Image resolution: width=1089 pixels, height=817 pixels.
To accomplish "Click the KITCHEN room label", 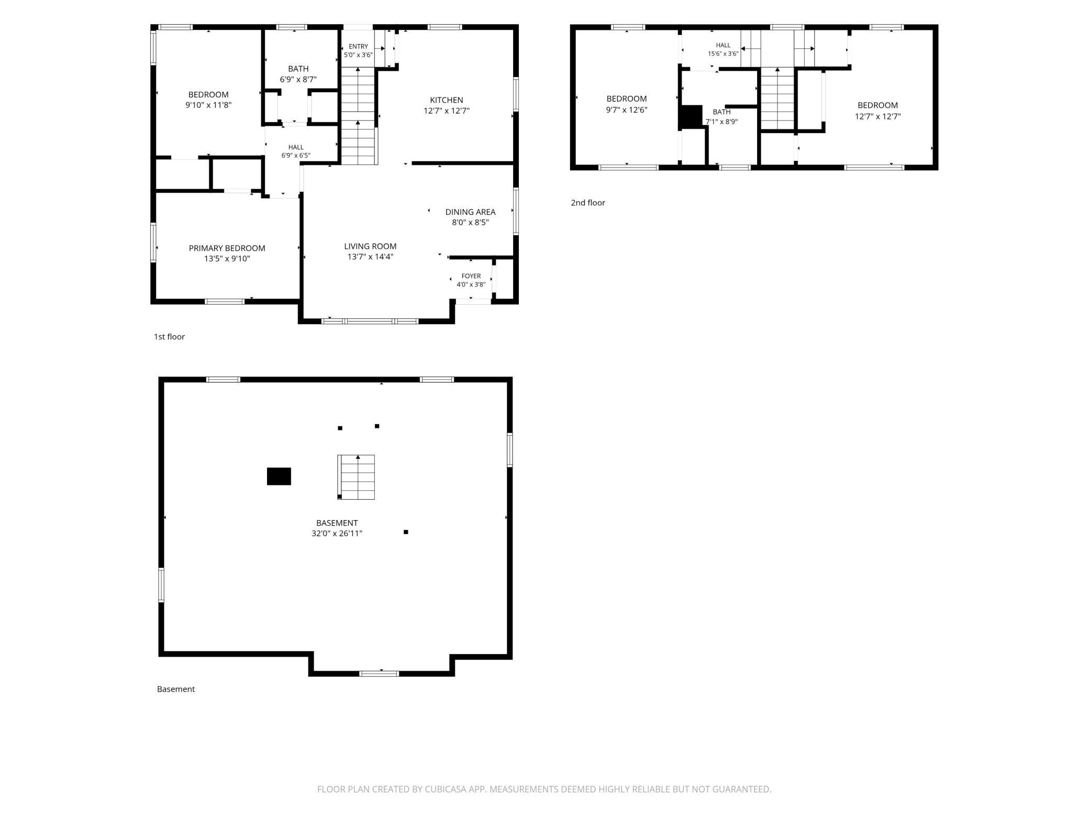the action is [x=447, y=100].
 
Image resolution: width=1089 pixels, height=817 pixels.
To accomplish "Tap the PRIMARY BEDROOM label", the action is [x=227, y=248].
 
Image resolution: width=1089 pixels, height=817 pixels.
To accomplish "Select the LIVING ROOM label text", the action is [x=370, y=246].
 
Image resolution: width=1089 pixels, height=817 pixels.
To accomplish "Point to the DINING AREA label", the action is [x=470, y=212].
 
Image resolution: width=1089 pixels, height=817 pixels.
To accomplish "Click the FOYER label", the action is [x=471, y=276].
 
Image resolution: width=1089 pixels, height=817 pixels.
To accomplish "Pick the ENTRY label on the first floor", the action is [x=358, y=47].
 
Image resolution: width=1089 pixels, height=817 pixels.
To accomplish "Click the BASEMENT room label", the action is [x=337, y=523].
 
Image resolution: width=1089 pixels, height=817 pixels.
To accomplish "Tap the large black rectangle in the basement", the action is [x=279, y=477].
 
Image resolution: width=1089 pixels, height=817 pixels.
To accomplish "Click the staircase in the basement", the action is [x=356, y=477].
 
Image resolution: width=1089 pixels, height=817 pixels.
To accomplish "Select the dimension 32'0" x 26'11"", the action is [x=337, y=534].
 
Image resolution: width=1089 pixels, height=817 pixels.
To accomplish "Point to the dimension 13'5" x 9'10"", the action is [x=227, y=259].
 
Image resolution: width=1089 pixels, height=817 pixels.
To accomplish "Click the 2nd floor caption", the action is [x=588, y=203].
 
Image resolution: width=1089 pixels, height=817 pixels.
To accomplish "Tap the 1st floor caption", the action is [x=169, y=337].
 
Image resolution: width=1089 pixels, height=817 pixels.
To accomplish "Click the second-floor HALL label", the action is [x=723, y=46].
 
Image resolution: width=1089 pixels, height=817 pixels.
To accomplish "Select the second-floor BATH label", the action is [x=721, y=112].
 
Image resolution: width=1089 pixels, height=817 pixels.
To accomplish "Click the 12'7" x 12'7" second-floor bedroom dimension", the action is [x=877, y=117].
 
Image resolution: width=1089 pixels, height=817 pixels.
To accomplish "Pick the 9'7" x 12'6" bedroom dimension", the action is [x=627, y=110].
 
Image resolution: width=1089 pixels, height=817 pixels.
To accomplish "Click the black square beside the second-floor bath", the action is [x=691, y=117].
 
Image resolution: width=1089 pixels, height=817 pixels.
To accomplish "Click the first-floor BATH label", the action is [x=298, y=69].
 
